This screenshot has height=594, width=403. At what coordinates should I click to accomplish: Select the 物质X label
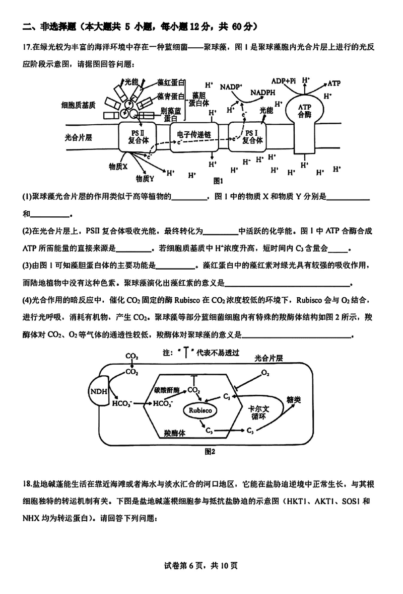pos(118,165)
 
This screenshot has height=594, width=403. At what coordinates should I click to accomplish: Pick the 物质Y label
pos(145,178)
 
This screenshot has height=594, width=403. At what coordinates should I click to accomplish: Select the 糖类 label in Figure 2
pos(295,400)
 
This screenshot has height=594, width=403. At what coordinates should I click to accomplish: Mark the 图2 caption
pos(210,451)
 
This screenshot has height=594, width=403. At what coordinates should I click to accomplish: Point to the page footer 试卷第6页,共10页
pos(201,565)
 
